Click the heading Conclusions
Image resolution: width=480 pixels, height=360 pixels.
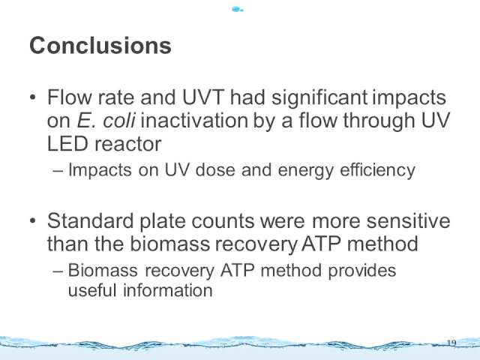tap(100, 46)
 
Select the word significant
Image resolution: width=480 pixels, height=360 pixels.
tap(319, 98)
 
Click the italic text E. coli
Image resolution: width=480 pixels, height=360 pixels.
tap(106, 121)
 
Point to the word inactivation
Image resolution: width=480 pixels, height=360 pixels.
tap(194, 121)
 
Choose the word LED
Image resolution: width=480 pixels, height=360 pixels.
tap(67, 144)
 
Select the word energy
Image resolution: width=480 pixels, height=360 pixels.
tap(306, 171)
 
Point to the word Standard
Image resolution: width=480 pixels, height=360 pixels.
tap(91, 220)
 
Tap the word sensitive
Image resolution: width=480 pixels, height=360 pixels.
tap(408, 221)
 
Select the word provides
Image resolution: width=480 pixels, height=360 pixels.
tap(361, 271)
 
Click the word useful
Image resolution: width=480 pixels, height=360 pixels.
tap(92, 290)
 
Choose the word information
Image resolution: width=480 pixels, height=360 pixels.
tap(168, 290)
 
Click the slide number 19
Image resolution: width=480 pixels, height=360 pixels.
tap(451, 343)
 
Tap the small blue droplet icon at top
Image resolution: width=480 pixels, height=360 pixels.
tap(237, 10)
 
